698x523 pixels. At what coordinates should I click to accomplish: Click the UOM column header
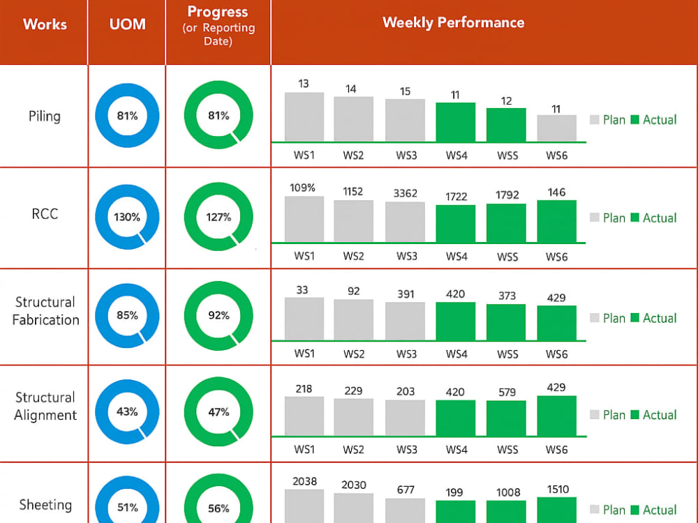[x=127, y=24]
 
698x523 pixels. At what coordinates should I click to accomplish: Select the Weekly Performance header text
[x=453, y=23]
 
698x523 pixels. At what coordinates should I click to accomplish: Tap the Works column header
[x=45, y=24]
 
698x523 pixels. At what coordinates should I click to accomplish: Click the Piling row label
[x=45, y=116]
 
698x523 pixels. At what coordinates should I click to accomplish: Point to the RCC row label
[x=45, y=214]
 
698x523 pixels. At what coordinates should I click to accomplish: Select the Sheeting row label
[x=45, y=505]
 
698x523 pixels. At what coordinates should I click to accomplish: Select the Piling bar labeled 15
[x=405, y=120]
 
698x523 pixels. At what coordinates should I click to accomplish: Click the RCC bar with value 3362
[x=405, y=222]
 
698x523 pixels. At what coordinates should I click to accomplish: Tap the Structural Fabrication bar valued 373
[x=506, y=322]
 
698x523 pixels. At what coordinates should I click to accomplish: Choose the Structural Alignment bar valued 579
[x=506, y=418]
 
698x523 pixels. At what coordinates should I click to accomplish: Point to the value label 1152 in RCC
[x=352, y=192]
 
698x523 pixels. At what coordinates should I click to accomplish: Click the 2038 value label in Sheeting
[x=304, y=481]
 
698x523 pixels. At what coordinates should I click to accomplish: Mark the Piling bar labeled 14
[x=353, y=119]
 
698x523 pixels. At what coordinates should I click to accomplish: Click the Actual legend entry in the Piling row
[x=653, y=120]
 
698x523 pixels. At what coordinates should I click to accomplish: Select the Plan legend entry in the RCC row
[x=608, y=218]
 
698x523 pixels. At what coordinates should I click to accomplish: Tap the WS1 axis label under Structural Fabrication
[x=304, y=354]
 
